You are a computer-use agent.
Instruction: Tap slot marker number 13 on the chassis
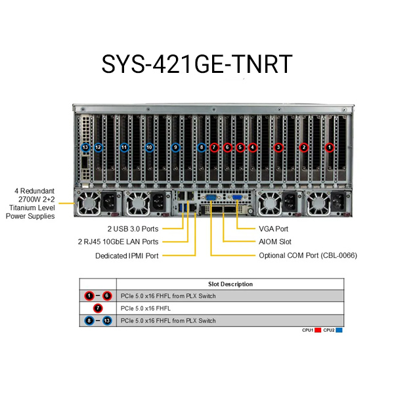coord(85,148)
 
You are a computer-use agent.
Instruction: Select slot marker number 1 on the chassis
coord(330,148)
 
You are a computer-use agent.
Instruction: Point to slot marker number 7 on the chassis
coord(214,148)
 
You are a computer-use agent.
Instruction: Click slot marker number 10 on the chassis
coord(150,148)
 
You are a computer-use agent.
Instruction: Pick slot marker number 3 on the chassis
coord(278,148)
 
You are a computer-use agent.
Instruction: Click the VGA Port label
coord(273,229)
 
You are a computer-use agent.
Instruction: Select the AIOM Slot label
coord(274,242)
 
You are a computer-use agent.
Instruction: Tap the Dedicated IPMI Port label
coord(127,255)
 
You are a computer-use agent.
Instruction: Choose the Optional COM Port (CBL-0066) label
coord(308,255)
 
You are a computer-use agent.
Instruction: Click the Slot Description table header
coord(230,284)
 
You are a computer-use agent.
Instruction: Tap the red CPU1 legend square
coord(318,330)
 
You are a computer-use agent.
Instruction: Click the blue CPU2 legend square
coord(339,330)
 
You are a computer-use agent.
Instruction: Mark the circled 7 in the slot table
coord(98,308)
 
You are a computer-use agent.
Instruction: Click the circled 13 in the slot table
coord(107,320)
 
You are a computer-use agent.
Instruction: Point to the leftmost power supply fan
coord(87,204)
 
